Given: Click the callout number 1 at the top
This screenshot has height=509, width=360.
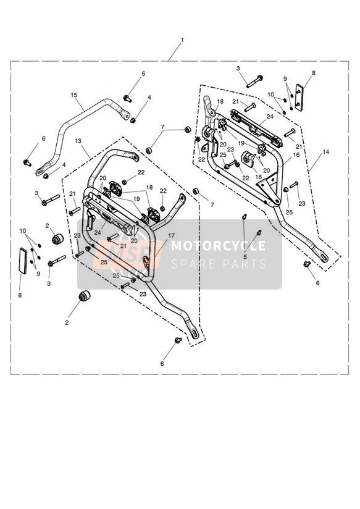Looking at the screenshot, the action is (182, 40).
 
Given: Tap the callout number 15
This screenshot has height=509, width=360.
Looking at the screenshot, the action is (74, 95).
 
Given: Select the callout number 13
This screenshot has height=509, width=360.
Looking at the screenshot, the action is (78, 141).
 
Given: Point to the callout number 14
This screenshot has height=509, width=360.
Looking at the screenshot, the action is (326, 152).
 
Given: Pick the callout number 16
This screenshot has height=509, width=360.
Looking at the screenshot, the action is (296, 155).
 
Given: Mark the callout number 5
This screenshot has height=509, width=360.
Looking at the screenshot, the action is (245, 256).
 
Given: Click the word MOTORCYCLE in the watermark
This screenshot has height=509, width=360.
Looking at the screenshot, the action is (218, 245).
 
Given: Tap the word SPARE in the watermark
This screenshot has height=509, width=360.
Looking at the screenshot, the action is (192, 264).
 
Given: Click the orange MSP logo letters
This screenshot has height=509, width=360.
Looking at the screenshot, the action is (127, 254).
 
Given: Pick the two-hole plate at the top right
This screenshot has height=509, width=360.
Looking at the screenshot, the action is (299, 98).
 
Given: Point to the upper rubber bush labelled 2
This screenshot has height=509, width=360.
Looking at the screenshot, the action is (57, 238).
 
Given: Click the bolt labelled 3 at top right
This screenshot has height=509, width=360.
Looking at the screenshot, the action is (254, 81).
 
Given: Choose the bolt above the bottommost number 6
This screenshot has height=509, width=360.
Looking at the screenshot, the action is (178, 340).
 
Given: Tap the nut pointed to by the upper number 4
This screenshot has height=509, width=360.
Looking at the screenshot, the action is (133, 120).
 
